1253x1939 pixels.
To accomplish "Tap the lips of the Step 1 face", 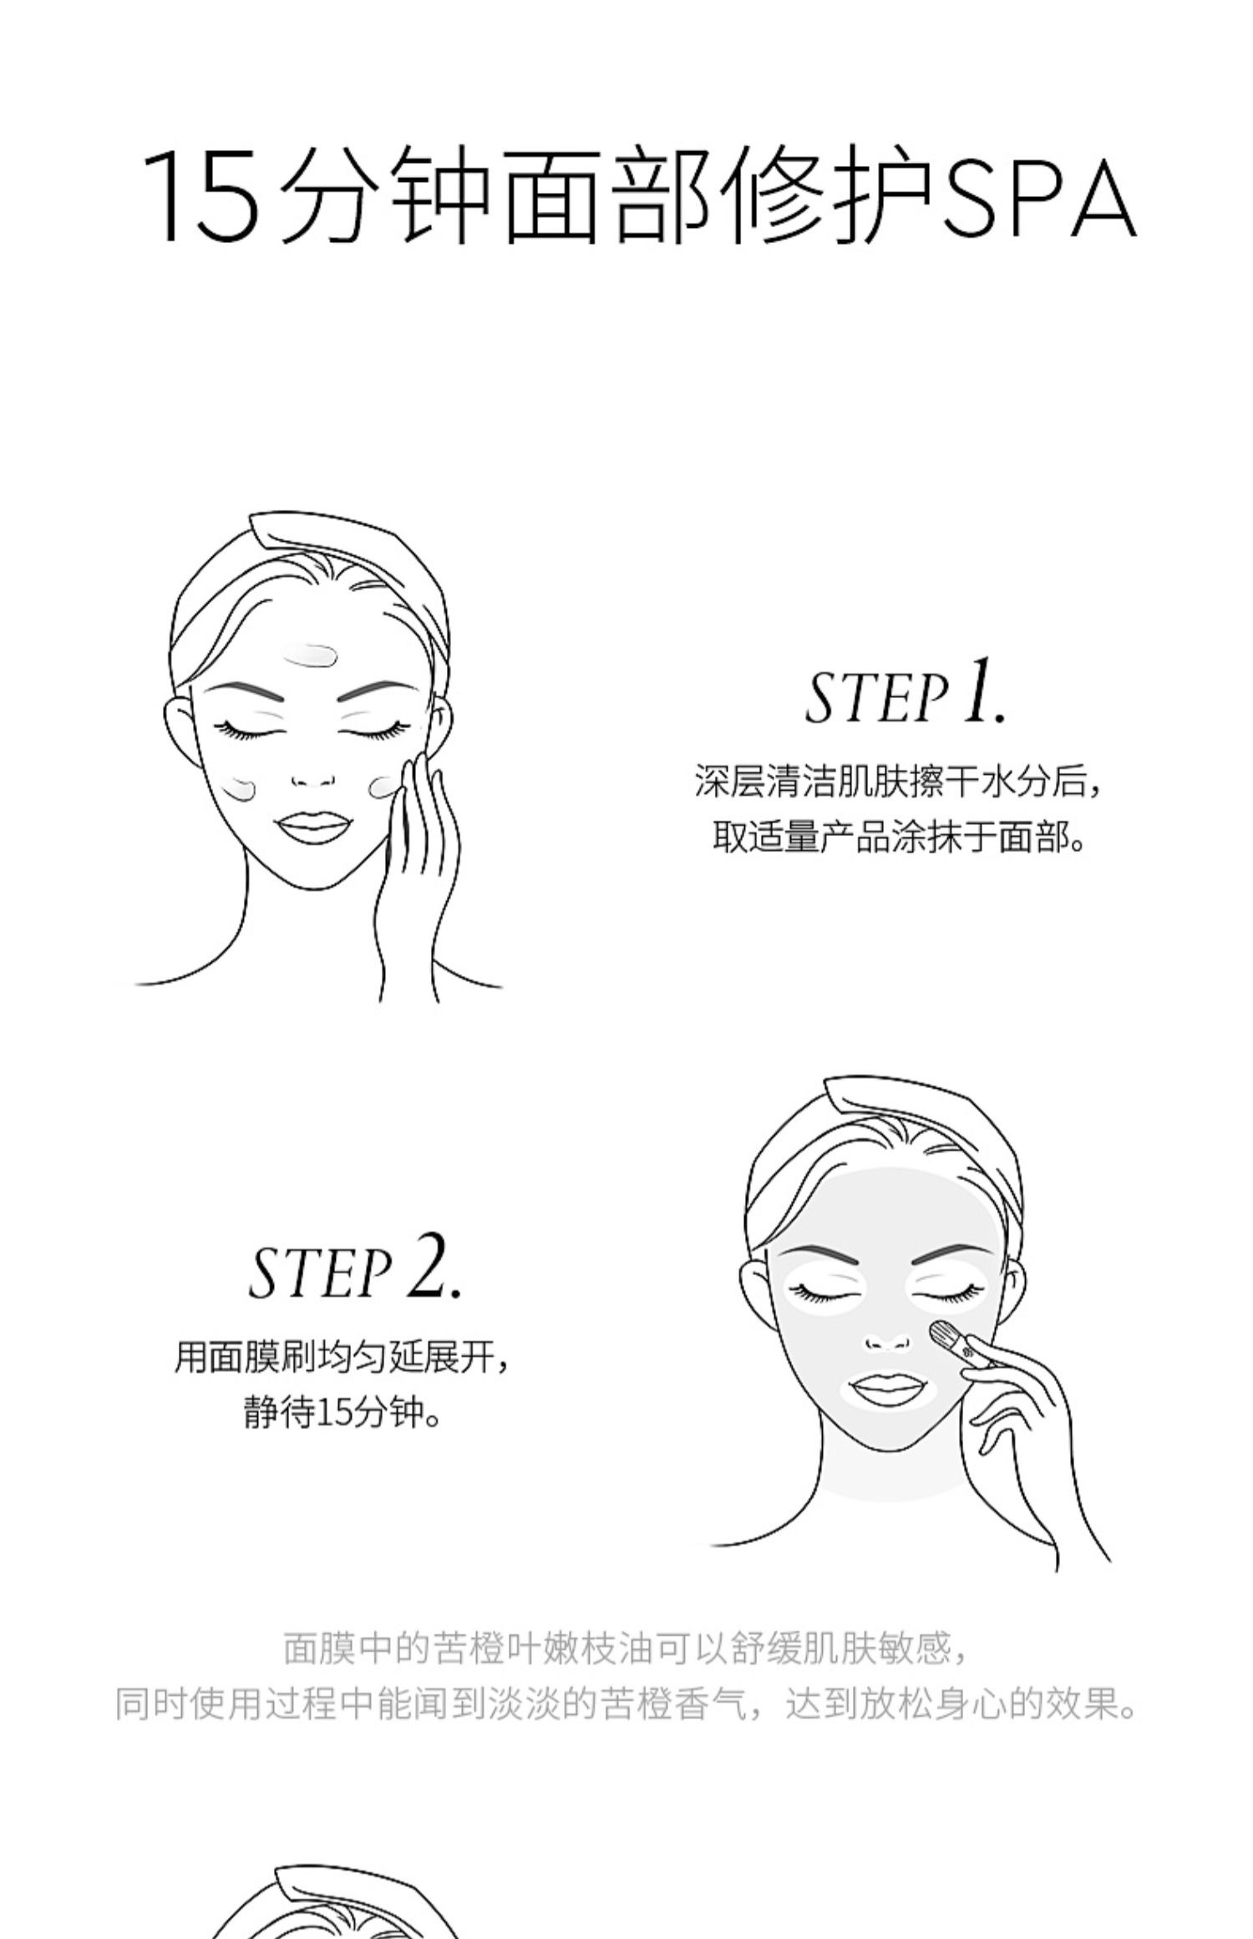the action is [311, 830].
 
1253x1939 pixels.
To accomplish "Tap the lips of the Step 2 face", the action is [886, 1390].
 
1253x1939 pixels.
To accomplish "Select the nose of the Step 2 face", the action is [888, 1338].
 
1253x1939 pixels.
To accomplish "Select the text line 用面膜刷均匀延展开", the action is [342, 1357].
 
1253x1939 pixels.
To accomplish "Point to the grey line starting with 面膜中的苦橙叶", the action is [626, 1648].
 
